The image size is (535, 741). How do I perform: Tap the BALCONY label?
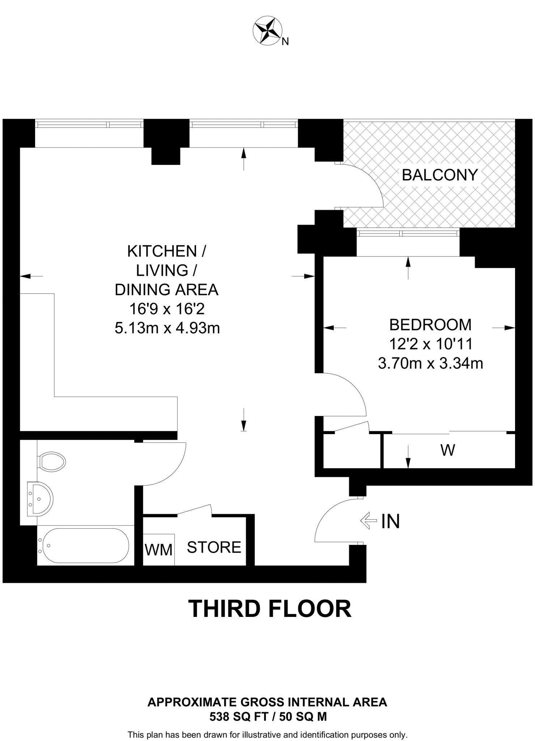click(x=440, y=175)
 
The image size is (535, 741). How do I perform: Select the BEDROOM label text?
click(x=430, y=325)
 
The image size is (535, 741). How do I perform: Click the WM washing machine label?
click(x=158, y=550)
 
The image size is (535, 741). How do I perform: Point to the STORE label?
click(x=214, y=547)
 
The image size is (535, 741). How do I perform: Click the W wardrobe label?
click(x=447, y=450)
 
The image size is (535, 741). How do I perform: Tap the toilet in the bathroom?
click(x=52, y=461)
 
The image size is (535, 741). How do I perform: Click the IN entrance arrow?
click(x=369, y=521)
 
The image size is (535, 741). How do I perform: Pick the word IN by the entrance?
click(x=391, y=521)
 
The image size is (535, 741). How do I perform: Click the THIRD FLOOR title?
click(x=269, y=609)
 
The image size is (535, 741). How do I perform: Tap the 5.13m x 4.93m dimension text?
click(x=167, y=328)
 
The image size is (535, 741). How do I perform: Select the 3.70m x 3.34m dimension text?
click(x=430, y=363)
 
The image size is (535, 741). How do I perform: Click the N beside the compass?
click(x=285, y=42)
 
